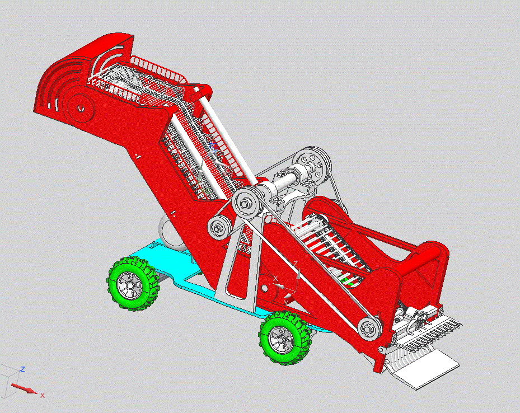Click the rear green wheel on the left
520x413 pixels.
click(x=133, y=284)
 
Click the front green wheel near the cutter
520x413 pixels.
click(x=285, y=338)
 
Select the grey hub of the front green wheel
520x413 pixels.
click(x=280, y=340)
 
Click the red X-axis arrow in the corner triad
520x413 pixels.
click(x=24, y=388)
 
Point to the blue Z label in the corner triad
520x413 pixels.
click(x=23, y=369)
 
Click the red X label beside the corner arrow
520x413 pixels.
click(x=43, y=396)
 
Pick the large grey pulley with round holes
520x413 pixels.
click(x=311, y=166)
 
